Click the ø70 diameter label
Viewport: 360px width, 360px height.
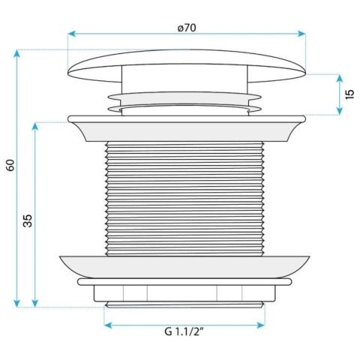[187, 28]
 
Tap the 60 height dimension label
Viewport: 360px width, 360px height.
[11, 165]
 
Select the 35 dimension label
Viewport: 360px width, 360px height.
[28, 220]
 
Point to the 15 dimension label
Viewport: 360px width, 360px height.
[349, 94]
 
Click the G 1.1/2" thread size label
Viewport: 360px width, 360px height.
[184, 332]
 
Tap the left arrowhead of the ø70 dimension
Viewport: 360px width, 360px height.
[72, 34]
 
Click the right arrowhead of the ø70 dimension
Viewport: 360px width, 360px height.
[301, 34]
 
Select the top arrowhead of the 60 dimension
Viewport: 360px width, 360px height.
[16, 53]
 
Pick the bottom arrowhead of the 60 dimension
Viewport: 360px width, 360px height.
[16, 303]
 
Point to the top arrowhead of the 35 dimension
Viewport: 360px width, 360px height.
[35, 127]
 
